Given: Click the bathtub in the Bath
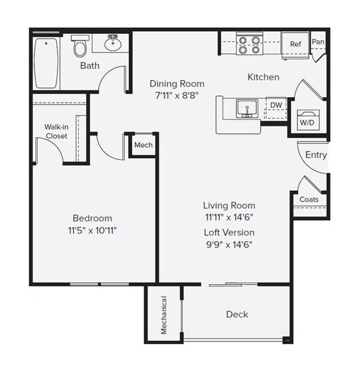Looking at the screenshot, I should click(47, 64).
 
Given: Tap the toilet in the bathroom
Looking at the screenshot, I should click(79, 47).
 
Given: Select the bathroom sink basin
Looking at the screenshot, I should click(113, 44).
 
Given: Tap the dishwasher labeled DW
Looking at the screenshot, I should click(275, 106).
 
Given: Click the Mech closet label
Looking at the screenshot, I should click(144, 145).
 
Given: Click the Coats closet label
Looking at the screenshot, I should click(309, 200).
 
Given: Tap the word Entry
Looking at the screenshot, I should click(316, 155).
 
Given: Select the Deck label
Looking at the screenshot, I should click(237, 314).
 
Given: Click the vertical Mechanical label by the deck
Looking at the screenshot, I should click(164, 315).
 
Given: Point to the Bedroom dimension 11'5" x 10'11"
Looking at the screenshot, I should click(92, 230).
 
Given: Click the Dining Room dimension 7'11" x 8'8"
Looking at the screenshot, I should click(176, 95).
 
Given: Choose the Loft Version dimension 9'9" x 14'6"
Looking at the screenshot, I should click(229, 245).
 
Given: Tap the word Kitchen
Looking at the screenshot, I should click(263, 77).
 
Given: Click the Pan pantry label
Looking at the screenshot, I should click(318, 42).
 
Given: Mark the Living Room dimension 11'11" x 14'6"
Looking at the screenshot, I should click(229, 217).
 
